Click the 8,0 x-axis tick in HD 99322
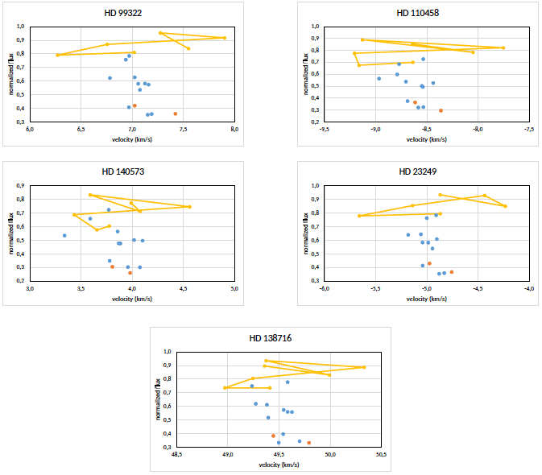click(x=234, y=128)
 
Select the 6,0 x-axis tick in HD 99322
click(x=30, y=128)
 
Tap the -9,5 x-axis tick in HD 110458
click(x=324, y=128)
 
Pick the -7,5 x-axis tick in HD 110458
click(x=529, y=128)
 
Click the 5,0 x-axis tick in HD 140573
click(x=234, y=287)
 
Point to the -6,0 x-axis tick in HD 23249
click(x=324, y=287)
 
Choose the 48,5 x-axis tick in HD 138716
click(x=176, y=454)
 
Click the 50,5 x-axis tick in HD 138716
click(x=381, y=454)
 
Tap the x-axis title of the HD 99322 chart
click(x=131, y=138)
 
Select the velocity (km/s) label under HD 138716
click(x=279, y=464)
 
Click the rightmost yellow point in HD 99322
click(x=224, y=38)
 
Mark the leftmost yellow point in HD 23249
click(x=359, y=216)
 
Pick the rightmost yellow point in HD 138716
click(x=364, y=367)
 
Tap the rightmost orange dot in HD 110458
click(x=441, y=110)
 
